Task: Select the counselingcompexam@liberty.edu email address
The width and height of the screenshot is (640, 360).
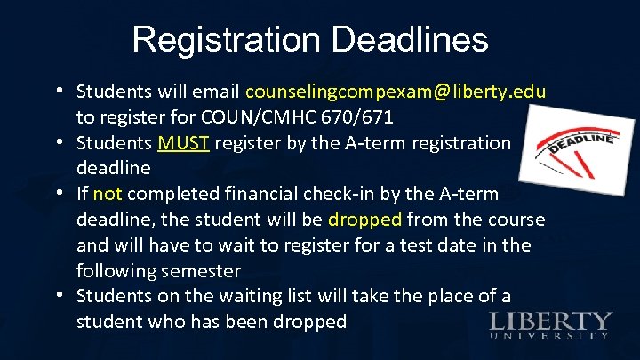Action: click(396, 92)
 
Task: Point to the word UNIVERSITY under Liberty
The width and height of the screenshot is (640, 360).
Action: click(550, 336)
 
